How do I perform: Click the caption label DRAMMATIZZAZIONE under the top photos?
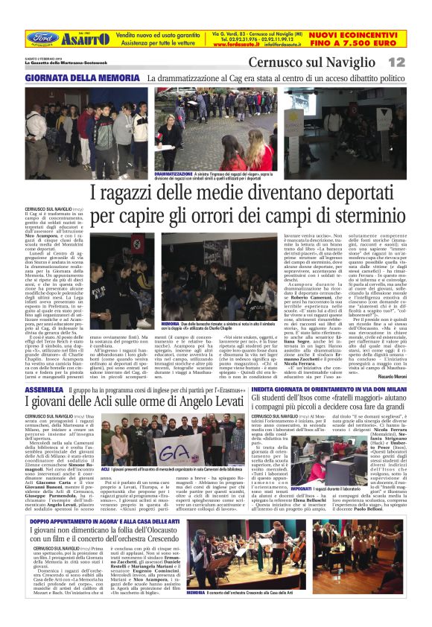[x=179, y=172]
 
